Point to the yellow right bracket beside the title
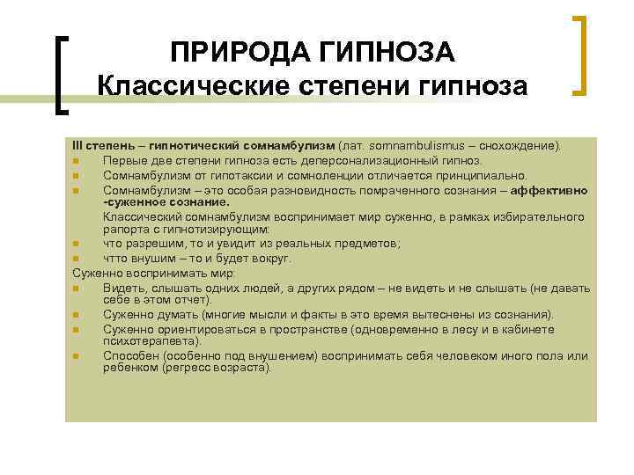point(580,55)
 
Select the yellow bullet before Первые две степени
point(77,160)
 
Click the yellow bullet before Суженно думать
point(77,315)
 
